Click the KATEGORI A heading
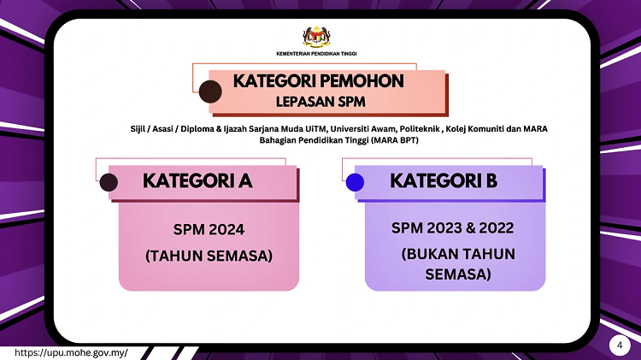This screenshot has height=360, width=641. pyautogui.click(x=197, y=181)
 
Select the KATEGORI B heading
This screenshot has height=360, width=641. pyautogui.click(x=443, y=181)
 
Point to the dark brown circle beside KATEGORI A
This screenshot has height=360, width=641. pyautogui.click(x=109, y=182)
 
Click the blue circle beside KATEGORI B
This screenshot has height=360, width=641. pyautogui.click(x=355, y=182)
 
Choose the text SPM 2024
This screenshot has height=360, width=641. pyautogui.click(x=209, y=229)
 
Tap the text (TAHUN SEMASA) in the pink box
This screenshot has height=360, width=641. pyautogui.click(x=209, y=256)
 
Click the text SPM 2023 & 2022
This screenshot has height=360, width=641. pyautogui.click(x=455, y=228)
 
